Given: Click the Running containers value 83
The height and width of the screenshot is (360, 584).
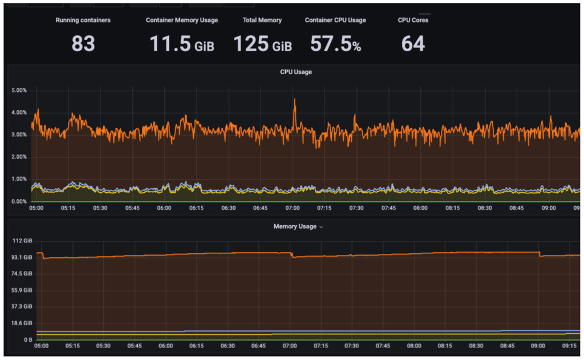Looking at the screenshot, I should coord(83,43).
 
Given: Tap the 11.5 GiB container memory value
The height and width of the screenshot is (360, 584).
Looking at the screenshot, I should coord(181,44).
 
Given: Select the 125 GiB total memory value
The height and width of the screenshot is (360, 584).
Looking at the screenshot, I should coord(262,44).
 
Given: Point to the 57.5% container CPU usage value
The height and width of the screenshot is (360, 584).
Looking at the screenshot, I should coord(335,44).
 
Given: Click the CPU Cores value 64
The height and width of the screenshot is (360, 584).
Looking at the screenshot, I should coord(413,44).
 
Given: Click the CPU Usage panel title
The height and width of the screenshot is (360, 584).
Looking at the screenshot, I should coord(295,72).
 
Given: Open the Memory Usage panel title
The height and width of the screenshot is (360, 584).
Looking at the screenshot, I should coord(295,226).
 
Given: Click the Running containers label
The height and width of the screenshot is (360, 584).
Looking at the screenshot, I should coord(83,20).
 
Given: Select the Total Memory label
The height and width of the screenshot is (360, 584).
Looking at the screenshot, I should coord(262,20).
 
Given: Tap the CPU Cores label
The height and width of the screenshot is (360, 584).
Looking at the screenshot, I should coord(413,20).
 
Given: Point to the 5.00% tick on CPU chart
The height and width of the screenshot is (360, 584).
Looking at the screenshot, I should coord(19,90).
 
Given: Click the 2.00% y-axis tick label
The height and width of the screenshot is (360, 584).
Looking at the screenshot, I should coord(19,157).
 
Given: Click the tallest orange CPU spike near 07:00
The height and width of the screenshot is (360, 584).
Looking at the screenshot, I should coord(294,100).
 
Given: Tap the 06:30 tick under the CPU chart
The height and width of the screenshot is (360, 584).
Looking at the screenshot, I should coord(229,208).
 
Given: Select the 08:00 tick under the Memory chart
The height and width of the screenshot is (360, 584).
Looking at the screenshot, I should coord(421,346).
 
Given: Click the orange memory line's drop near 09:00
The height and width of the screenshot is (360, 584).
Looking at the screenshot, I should coord(540,254).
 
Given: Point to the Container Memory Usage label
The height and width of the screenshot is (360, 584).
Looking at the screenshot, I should coord(181,20).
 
